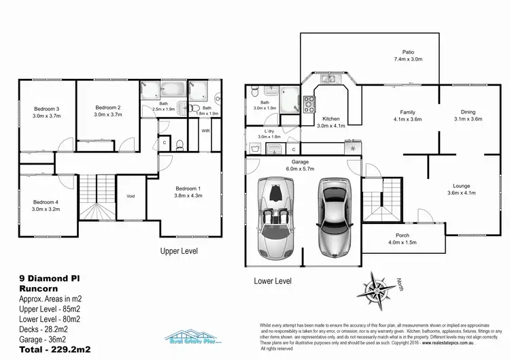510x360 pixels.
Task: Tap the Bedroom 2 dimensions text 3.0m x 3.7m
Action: pyautogui.click(x=108, y=115)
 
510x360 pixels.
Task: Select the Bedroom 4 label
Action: pyautogui.click(x=47, y=202)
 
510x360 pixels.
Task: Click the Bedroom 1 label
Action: pyautogui.click(x=188, y=189)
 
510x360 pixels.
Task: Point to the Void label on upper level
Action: pyautogui.click(x=131, y=197)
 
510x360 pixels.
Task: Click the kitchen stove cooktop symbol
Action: pyautogui.click(x=309, y=104)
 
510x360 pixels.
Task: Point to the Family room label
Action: pyautogui.click(x=408, y=112)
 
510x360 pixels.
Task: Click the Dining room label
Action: pyautogui.click(x=468, y=112)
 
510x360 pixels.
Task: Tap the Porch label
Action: pyautogui.click(x=403, y=236)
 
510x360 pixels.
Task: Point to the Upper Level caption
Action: pyautogui.click(x=179, y=250)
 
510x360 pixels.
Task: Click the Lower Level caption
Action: pyautogui.click(x=273, y=280)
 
